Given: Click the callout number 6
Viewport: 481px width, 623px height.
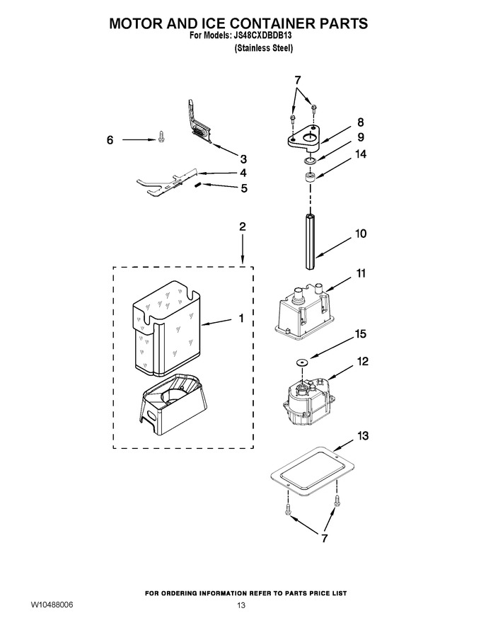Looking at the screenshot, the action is [110, 140].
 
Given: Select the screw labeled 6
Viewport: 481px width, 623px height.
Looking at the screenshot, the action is [161, 137].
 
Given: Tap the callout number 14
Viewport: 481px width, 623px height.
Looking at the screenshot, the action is [360, 154].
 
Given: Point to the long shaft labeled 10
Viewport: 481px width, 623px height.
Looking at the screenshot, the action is [311, 241].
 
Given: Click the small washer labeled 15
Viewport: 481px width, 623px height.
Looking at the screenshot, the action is [303, 362].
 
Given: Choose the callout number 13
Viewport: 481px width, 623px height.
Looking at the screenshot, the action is [363, 436].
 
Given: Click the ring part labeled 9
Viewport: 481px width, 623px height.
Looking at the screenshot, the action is [310, 161].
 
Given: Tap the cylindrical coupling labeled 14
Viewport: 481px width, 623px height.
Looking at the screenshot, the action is [310, 176].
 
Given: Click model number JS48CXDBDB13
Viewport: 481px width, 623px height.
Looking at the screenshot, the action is [262, 35].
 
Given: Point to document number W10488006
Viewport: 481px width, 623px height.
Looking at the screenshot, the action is [52, 605].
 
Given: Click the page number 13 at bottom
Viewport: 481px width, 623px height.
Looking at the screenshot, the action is [241, 605].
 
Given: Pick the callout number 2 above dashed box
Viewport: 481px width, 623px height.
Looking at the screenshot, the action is [242, 227].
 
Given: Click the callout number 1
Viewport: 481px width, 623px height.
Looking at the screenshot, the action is [241, 318].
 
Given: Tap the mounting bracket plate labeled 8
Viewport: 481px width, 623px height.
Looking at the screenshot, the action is [304, 138].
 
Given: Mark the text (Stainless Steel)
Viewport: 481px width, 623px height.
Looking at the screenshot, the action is [264, 48].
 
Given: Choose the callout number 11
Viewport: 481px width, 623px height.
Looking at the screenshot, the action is [360, 273].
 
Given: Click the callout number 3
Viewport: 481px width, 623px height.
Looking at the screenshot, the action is [243, 159].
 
